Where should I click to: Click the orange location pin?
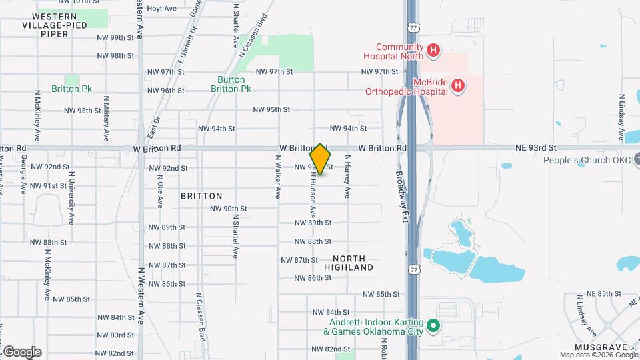(320, 159)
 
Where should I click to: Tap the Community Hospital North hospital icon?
(433, 50)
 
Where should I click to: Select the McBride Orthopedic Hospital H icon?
(457, 85)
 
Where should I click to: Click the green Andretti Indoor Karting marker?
(433, 326)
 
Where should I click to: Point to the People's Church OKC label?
(586, 160)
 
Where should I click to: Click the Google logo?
(22, 351)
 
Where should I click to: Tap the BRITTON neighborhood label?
(201, 196)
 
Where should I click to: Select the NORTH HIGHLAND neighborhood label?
(349, 263)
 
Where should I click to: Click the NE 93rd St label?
(535, 148)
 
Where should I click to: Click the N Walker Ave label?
(278, 177)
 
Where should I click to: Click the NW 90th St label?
(228, 209)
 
